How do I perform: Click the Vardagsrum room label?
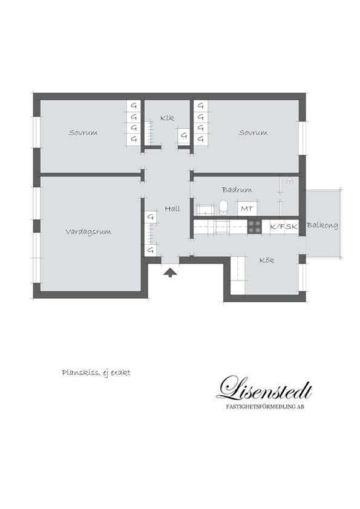click(88, 232)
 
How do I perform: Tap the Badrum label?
click(237, 190)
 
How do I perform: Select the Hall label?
click(172, 209)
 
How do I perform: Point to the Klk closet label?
click(168, 118)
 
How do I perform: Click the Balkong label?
click(322, 225)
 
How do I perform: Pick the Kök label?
click(267, 261)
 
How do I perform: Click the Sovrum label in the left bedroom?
click(83, 132)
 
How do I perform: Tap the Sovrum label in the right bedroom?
click(253, 132)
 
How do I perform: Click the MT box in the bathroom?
click(247, 209)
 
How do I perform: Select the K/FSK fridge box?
click(284, 227)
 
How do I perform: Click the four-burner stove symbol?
click(255, 227)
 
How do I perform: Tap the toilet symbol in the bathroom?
click(223, 207)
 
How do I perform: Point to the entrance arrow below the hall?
click(170, 273)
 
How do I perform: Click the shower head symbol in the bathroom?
click(289, 181)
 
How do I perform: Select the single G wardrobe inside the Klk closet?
click(184, 135)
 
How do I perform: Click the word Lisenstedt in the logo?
click(264, 388)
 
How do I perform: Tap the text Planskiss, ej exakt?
click(96, 372)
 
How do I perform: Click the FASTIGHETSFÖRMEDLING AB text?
click(265, 406)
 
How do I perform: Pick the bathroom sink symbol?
click(205, 209)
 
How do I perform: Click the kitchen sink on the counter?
click(222, 227)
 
